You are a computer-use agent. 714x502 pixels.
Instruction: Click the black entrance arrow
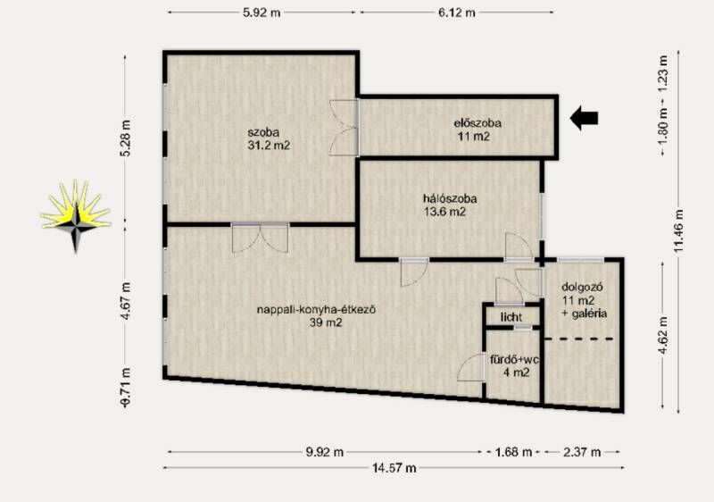(x=585, y=118)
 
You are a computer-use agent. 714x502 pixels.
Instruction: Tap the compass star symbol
(x=76, y=216)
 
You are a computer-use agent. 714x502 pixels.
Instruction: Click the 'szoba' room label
(x=263, y=132)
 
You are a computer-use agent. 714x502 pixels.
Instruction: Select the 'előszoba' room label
(x=477, y=123)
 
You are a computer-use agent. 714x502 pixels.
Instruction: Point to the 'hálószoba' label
(x=451, y=198)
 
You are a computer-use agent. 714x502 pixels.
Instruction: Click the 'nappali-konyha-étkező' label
(x=317, y=310)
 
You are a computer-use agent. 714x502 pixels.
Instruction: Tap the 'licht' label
(x=511, y=317)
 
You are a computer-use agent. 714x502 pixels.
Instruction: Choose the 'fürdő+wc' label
(x=515, y=360)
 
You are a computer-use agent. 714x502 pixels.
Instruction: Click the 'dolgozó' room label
(x=583, y=288)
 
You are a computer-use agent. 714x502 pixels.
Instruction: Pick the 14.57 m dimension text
(x=394, y=468)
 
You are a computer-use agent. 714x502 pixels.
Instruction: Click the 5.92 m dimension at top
(x=262, y=13)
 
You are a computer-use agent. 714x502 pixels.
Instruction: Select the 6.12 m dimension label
(x=457, y=13)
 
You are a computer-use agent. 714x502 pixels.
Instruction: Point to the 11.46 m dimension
(x=678, y=230)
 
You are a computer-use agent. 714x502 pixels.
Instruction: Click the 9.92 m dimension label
(x=325, y=452)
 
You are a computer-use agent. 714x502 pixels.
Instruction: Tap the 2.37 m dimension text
(x=582, y=452)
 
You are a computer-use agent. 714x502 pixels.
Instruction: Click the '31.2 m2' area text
(x=269, y=146)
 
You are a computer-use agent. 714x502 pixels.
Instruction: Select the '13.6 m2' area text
(x=444, y=212)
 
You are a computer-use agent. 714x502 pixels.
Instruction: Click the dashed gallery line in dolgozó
(x=579, y=339)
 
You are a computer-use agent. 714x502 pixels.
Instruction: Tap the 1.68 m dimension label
(x=514, y=452)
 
